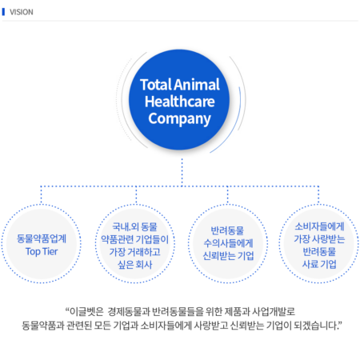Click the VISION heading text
(x=22, y=12)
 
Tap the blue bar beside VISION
(x=3, y=12)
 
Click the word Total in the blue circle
(x=156, y=85)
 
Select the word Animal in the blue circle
(x=197, y=85)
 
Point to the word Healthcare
(x=180, y=102)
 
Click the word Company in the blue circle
(x=179, y=119)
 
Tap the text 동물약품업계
(x=42, y=238)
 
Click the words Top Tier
(x=42, y=251)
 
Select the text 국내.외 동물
(x=134, y=226)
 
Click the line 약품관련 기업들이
(x=134, y=239)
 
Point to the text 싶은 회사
(x=134, y=265)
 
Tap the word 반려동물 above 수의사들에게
(x=227, y=230)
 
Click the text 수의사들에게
(x=228, y=243)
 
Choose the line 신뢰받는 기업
(x=228, y=255)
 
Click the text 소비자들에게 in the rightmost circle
(x=319, y=226)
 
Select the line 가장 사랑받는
(x=319, y=239)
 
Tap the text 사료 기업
(x=319, y=264)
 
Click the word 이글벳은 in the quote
(x=86, y=311)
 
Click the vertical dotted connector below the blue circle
(x=182, y=172)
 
